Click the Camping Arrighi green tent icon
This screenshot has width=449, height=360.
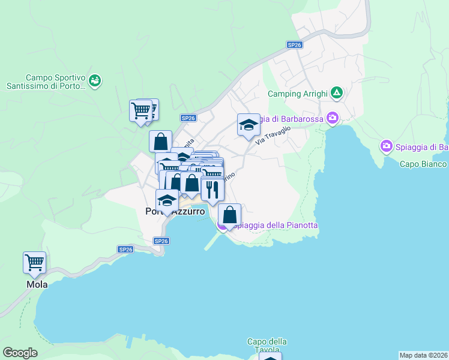337,93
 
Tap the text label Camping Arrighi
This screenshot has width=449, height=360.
297,94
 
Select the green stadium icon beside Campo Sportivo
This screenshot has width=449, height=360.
94,80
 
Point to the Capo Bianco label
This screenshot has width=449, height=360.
423,164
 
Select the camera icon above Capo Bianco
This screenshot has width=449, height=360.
387,146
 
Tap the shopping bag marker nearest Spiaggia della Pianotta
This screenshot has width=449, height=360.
229,215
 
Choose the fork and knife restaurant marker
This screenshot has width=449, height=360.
212,190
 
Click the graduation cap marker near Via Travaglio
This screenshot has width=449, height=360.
249,125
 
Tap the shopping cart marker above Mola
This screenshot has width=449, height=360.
35,263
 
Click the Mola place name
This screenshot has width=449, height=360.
37,285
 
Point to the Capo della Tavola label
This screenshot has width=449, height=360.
267,346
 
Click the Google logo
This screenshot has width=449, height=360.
20,353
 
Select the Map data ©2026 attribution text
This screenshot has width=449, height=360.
423,355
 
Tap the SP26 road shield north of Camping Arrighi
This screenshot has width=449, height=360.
294,44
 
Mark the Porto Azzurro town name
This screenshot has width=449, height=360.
175,212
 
